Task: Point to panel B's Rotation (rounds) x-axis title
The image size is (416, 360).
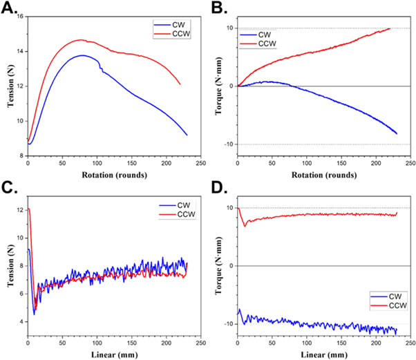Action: (x=323, y=176)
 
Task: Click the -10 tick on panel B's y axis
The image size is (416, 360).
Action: (x=229, y=144)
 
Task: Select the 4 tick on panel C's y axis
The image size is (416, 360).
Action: (x=21, y=322)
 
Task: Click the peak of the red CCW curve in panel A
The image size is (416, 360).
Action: (x=80, y=40)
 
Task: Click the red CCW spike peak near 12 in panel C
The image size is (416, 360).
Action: (x=29, y=209)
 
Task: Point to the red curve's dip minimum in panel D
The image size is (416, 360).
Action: (x=244, y=225)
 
